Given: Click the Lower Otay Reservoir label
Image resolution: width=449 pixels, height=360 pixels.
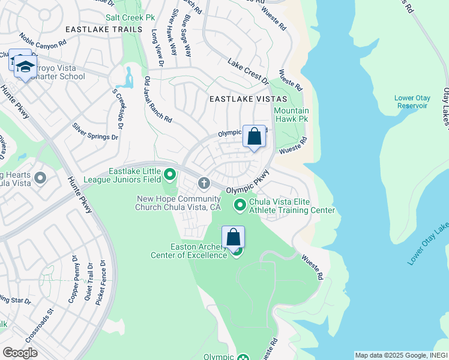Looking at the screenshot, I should click(411, 101).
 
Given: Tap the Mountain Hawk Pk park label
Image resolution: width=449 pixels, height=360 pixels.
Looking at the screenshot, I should click(291, 115).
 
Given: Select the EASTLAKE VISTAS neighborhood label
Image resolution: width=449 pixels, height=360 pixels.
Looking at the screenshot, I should click(248, 98).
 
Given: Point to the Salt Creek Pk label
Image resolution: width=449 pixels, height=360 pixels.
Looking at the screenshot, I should click(126, 18).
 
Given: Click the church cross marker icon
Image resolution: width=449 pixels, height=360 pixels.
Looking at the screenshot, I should click(204, 182).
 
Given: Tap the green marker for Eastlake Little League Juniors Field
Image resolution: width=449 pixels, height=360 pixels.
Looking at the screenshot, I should click(170, 175).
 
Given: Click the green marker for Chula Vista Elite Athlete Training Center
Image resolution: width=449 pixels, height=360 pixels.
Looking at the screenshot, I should click(240, 205).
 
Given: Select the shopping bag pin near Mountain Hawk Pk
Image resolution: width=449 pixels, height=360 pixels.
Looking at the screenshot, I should click(254, 137).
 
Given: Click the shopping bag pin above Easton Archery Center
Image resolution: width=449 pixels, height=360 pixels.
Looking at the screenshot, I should click(233, 237).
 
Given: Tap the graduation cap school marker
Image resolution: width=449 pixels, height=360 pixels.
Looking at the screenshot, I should click(25, 67).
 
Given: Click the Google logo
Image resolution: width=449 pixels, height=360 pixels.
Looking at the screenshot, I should click(20, 353).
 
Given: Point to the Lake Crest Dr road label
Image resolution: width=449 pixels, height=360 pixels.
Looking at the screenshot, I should click(248, 70).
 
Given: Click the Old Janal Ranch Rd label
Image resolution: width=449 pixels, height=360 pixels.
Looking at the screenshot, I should click(158, 100).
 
